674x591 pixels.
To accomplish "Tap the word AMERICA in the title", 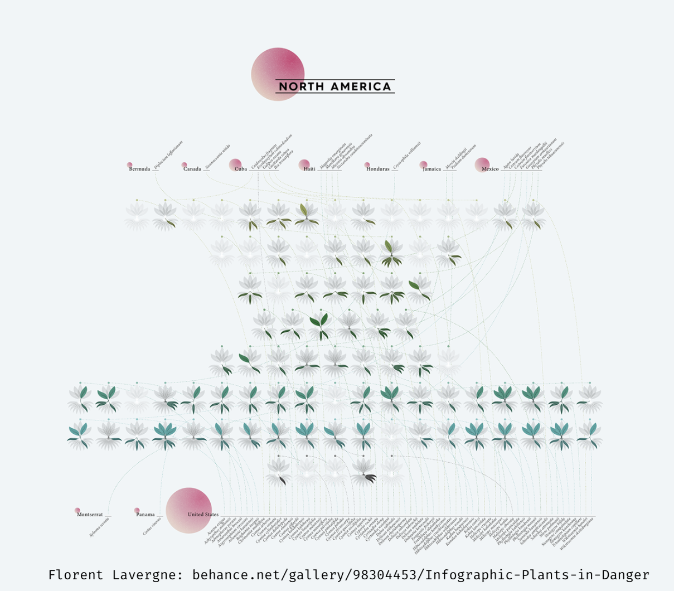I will tap(361, 86).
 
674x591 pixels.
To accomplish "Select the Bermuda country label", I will tap(139, 169).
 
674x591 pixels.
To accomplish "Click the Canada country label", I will tap(192, 169).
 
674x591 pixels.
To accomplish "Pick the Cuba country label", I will tap(241, 169).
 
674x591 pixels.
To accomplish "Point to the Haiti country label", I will tap(309, 169).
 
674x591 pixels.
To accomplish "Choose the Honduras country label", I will tap(378, 169).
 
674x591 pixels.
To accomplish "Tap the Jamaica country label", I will tap(432, 169).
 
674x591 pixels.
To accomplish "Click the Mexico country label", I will tap(491, 169).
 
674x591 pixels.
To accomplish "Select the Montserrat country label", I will tap(90, 515).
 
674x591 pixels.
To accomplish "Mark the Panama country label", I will tap(146, 515).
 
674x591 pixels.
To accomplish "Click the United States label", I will tap(203, 515).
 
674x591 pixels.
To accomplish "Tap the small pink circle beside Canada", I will tap(185, 165).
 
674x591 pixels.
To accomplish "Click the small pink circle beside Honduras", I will tap(367, 165).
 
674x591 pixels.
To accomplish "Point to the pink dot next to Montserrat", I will tap(77, 510).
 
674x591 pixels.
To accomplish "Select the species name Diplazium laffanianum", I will tap(168, 154).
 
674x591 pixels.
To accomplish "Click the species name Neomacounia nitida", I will tap(217, 157).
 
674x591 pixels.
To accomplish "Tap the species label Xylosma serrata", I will tap(99, 527).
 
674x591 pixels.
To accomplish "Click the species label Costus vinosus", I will tap(152, 526).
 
